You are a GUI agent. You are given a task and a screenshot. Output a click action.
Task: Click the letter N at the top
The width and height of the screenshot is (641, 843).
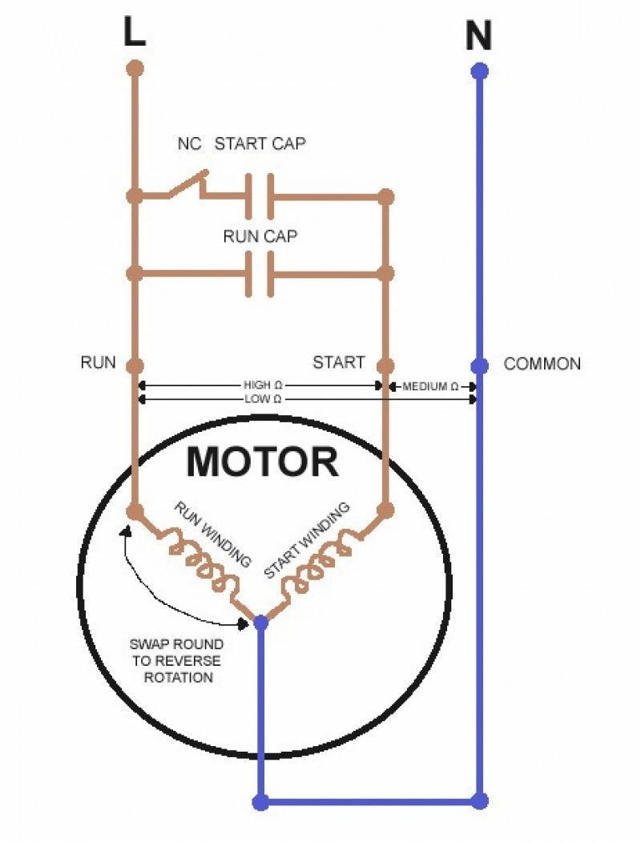click(478, 36)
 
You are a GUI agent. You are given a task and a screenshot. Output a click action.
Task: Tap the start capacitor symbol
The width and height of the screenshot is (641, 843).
click(260, 196)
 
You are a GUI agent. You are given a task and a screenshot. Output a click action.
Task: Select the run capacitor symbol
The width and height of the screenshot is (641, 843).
click(260, 274)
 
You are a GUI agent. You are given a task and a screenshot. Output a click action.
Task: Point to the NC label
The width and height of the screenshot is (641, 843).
click(189, 144)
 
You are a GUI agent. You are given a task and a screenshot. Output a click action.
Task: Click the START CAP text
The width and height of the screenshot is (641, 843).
click(260, 144)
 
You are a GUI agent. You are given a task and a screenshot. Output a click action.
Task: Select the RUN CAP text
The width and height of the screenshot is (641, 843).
click(260, 236)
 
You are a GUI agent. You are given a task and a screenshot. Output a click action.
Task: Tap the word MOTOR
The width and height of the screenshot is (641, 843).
click(262, 462)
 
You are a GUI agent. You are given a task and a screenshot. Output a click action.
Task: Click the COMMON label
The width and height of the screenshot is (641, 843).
click(542, 364)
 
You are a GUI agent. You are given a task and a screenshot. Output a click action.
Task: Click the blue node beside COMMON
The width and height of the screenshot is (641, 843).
click(479, 366)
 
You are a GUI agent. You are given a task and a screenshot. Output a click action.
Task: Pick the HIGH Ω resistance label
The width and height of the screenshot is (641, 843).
click(261, 385)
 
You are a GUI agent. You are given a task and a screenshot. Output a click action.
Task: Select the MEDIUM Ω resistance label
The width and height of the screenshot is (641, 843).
click(430, 386)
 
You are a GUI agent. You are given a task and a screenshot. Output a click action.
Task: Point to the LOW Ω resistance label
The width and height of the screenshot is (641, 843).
click(261, 398)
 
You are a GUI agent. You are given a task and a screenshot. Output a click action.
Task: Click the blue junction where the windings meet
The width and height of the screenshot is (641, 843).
click(260, 621)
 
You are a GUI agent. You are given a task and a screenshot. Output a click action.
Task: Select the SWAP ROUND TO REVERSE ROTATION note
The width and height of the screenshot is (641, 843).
click(176, 661)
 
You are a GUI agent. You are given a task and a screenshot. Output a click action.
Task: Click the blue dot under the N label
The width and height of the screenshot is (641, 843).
click(479, 71)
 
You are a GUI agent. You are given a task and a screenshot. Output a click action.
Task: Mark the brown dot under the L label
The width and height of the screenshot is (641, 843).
click(135, 67)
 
